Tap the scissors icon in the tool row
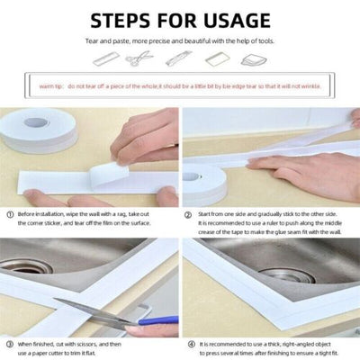139,58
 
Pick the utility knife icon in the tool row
177,58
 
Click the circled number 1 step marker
9,215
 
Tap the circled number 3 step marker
9,344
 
